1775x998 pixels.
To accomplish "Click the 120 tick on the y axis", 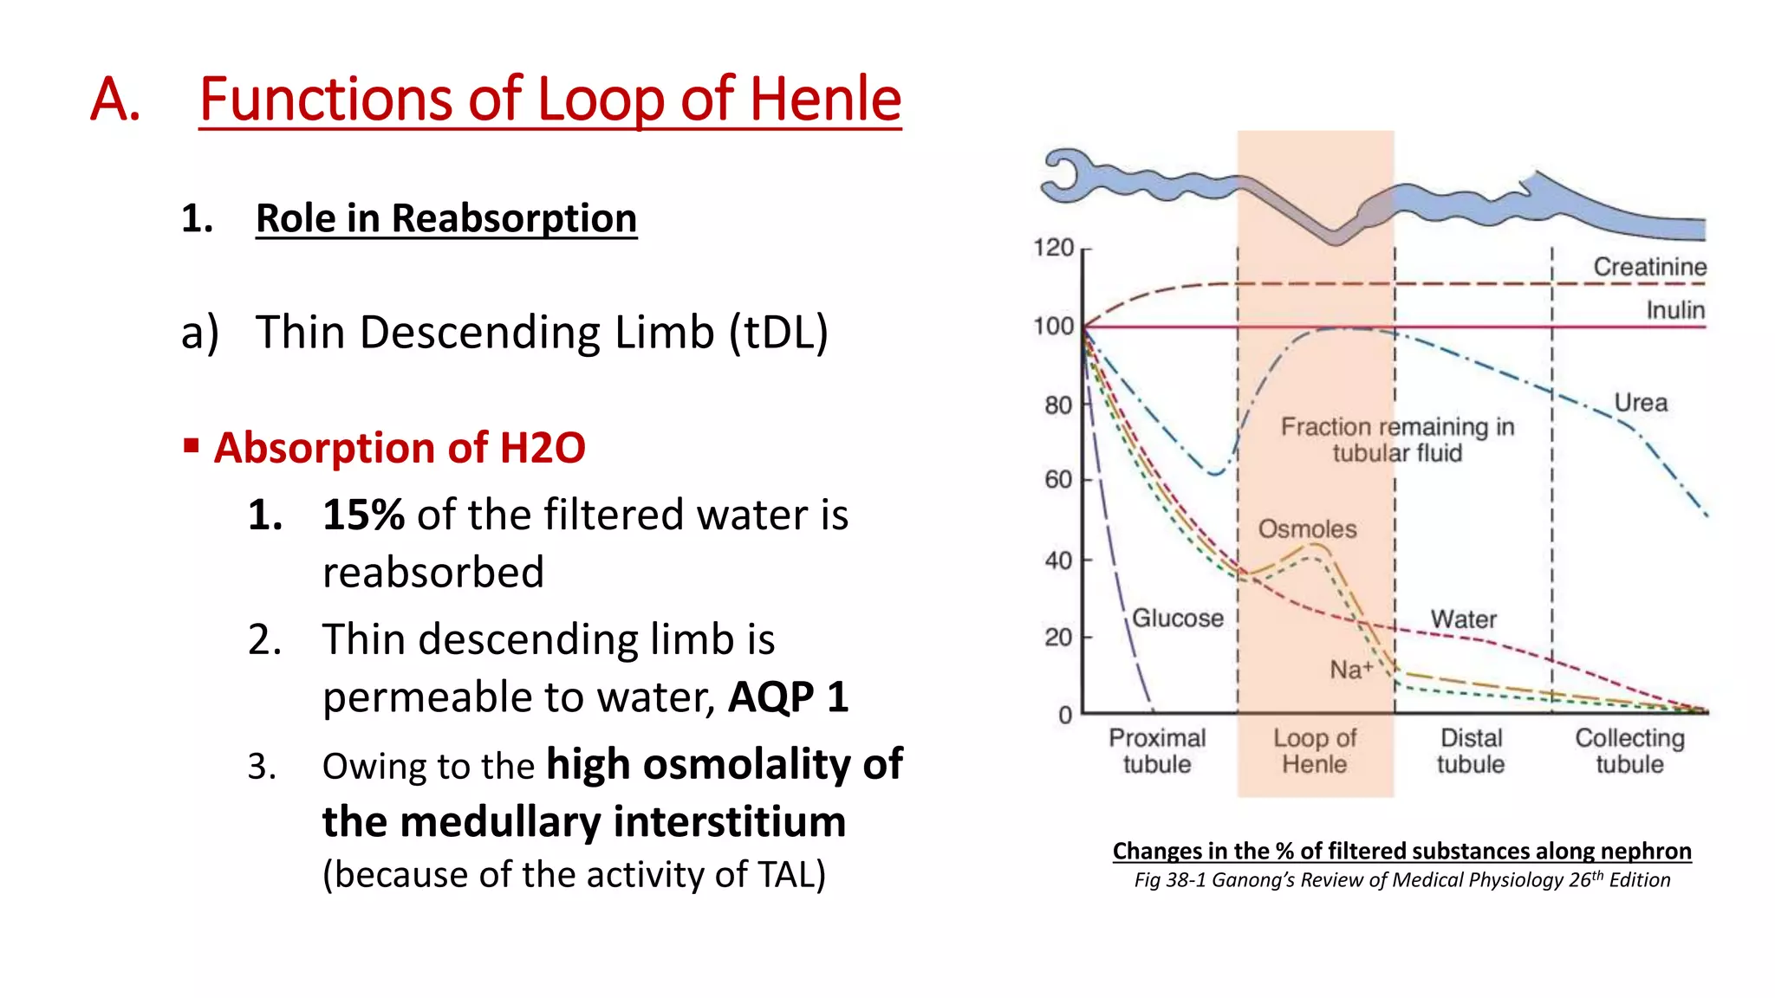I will point(1054,249).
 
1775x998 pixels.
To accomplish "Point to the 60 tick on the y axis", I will point(1058,480).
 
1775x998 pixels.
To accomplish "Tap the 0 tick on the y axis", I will point(1065,716).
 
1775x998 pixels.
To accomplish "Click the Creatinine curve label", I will point(1649,267).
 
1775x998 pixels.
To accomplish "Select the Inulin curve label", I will point(1675,310).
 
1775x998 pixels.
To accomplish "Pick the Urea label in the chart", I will point(1641,403).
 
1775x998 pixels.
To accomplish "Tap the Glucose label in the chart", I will point(1178,619).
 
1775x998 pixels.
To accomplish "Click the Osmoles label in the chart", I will point(1307,529).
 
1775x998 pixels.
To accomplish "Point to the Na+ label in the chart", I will point(1351,671).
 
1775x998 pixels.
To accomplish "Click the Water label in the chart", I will point(1463,619).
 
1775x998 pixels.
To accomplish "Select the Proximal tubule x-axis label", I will point(1157,751).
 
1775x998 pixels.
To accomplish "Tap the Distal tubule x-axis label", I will point(1471,751).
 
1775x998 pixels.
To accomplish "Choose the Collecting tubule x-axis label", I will point(1629,751).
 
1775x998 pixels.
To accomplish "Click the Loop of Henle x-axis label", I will point(1315,751).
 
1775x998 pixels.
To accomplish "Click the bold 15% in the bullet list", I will point(363,515).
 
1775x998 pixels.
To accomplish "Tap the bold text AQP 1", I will point(788,697).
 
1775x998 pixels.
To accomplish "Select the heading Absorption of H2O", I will point(399,448).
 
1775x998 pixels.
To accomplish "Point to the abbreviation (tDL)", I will point(778,333).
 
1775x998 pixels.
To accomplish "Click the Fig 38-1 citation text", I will point(1401,880).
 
